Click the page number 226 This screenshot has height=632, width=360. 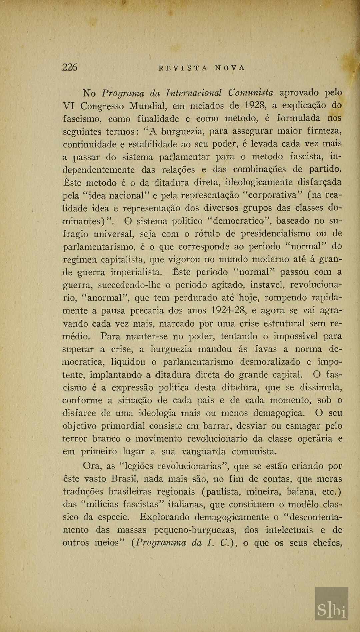[x=70, y=67]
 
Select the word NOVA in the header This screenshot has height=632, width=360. [x=230, y=68]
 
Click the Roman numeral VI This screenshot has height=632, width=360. [x=69, y=106]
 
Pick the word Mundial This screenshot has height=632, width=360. [x=148, y=106]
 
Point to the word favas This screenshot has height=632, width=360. [x=265, y=349]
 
